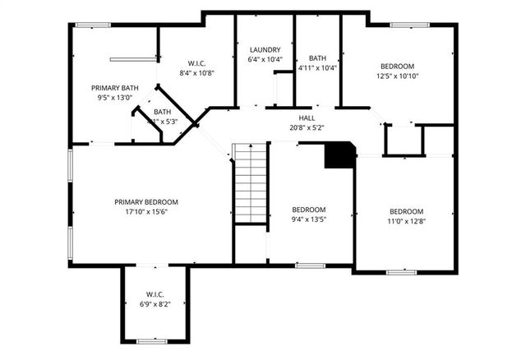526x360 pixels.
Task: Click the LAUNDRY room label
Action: pyautogui.click(x=265, y=49)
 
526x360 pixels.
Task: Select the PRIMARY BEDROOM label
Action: pyautogui.click(x=146, y=202)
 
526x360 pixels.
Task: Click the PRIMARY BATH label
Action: pyautogui.click(x=114, y=87)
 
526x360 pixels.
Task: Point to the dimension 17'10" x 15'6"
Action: pyautogui.click(x=146, y=212)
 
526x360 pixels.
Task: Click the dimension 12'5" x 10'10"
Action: pyautogui.click(x=397, y=76)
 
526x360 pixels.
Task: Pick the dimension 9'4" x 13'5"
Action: pyautogui.click(x=310, y=219)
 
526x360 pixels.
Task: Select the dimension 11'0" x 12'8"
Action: pyautogui.click(x=407, y=219)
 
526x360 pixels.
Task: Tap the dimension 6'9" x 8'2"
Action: pyautogui.click(x=156, y=303)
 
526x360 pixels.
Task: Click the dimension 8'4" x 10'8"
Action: pyautogui.click(x=196, y=72)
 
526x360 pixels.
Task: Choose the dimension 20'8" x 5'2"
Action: pyautogui.click(x=307, y=127)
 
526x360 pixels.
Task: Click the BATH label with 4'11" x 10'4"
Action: pyautogui.click(x=317, y=58)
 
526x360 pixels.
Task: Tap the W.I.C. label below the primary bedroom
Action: pyautogui.click(x=156, y=293)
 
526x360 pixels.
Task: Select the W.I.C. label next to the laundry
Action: pyautogui.click(x=196, y=62)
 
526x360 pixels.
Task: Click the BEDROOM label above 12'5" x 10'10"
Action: pyautogui.click(x=397, y=67)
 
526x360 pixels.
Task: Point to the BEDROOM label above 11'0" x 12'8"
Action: pyautogui.click(x=407, y=210)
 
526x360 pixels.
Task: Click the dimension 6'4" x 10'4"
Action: pyautogui.click(x=265, y=59)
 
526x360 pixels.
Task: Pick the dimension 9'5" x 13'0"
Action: pyautogui.click(x=114, y=97)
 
